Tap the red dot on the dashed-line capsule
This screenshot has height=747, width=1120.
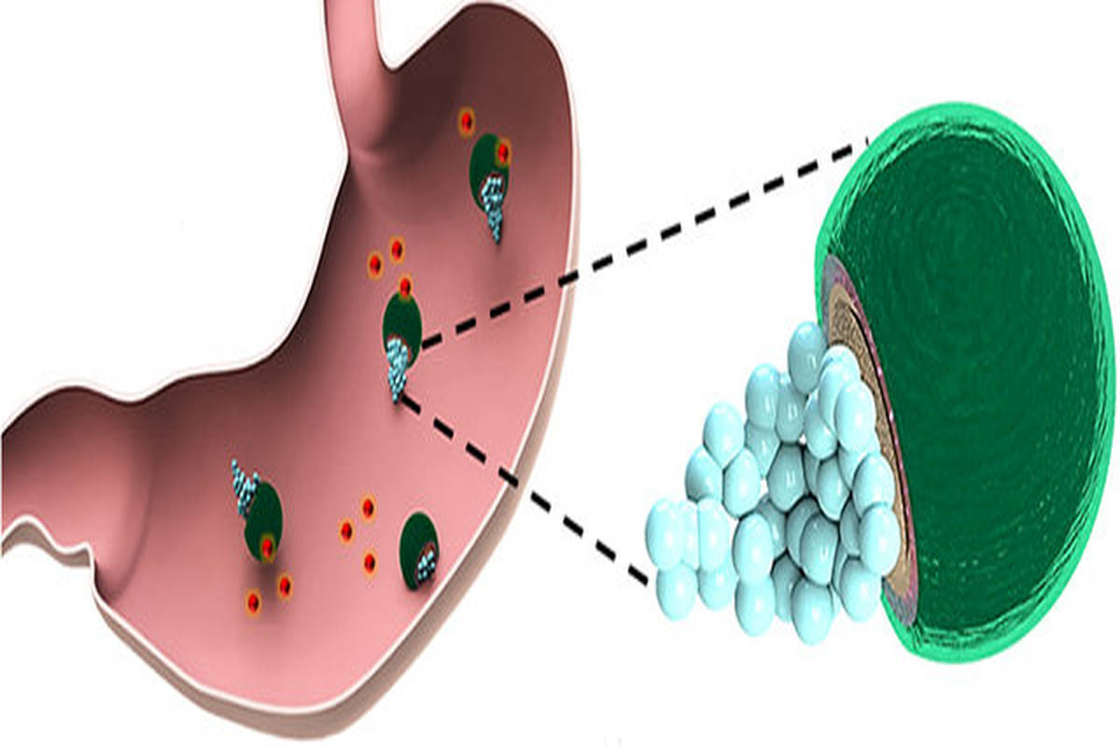(405, 284)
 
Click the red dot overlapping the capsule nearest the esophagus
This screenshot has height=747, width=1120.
(504, 151)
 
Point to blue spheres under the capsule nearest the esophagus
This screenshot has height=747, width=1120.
(493, 210)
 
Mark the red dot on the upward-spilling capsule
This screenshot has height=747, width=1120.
(268, 547)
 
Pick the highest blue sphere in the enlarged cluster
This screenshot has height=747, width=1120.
(805, 347)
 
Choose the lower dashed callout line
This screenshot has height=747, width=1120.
(523, 486)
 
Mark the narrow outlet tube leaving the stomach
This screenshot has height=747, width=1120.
(47, 504)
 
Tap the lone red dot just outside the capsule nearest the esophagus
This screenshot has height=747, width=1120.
(466, 121)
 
